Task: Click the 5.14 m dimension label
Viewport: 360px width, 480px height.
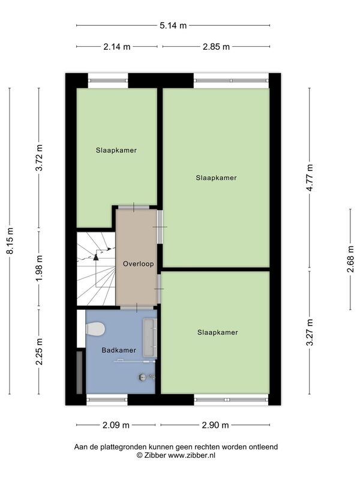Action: [173, 25]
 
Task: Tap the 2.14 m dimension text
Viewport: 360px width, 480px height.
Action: [116, 47]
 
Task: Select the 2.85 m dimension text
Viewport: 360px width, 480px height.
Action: [216, 47]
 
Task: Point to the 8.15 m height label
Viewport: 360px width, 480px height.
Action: [10, 241]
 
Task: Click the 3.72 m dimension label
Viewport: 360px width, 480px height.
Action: [39, 158]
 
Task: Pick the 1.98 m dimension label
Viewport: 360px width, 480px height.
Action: [39, 268]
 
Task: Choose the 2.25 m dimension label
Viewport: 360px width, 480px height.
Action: [39, 352]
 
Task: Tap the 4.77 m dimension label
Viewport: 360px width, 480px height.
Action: [310, 178]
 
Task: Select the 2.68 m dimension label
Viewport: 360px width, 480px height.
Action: [350, 259]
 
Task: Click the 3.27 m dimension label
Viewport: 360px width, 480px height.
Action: [310, 332]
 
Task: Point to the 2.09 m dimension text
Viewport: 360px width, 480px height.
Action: [116, 425]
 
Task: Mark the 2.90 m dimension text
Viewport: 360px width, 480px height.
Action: [215, 425]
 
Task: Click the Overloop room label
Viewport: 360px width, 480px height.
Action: [139, 263]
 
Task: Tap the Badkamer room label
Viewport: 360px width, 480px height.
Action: [119, 350]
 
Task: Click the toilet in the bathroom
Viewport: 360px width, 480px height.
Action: [95, 329]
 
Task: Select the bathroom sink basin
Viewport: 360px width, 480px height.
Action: [150, 338]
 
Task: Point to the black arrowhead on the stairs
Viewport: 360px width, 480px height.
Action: [96, 257]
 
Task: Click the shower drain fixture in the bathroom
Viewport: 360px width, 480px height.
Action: [142, 377]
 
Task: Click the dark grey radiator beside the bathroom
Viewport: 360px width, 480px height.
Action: [79, 373]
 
